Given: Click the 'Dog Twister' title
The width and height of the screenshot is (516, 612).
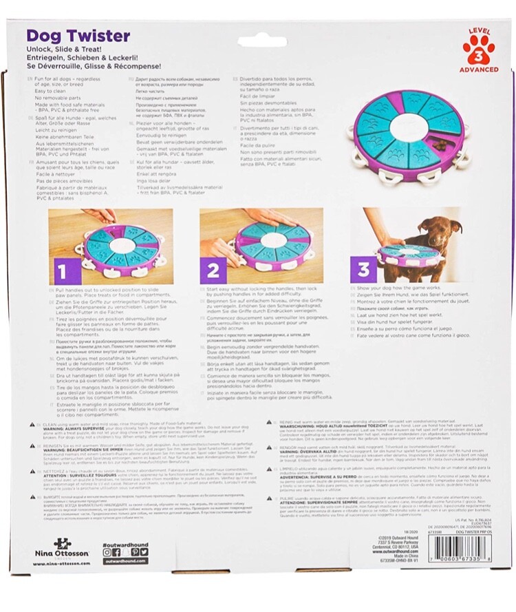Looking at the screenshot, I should [78, 36].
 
